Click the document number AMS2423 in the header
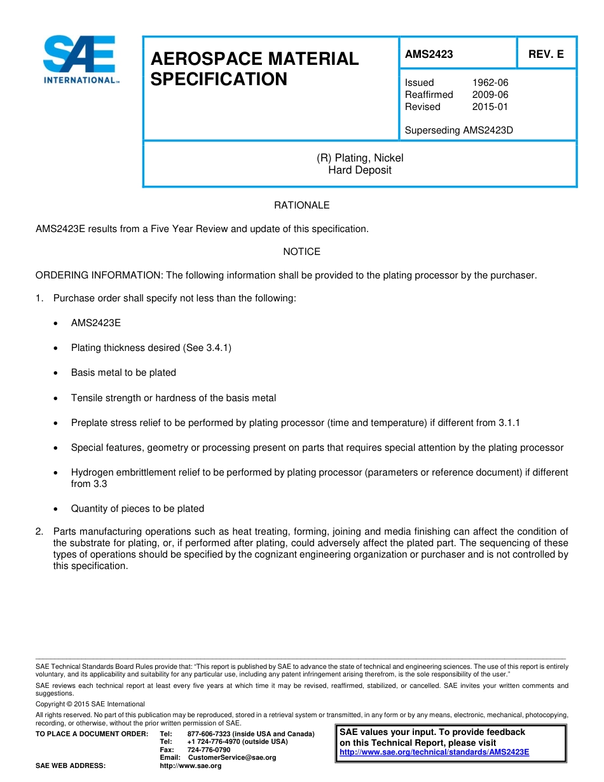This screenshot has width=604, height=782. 429,54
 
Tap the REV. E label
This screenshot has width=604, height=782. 546,54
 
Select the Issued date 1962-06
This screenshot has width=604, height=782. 490,83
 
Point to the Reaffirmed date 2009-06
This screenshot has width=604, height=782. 490,95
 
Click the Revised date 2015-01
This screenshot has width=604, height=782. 490,107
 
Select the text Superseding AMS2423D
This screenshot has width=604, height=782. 458,130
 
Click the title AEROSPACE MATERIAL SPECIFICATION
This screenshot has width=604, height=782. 254,69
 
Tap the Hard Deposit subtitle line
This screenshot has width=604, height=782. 360,170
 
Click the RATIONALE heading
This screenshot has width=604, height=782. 301,205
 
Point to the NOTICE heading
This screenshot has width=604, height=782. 301,252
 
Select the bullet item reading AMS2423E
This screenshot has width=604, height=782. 96,323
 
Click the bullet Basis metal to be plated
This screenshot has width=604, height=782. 123,373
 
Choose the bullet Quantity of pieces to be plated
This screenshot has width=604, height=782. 137,509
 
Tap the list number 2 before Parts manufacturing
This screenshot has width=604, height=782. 39,532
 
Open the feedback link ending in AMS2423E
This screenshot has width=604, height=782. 434,752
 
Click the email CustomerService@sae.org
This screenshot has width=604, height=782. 232,758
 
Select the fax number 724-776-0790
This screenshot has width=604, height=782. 209,750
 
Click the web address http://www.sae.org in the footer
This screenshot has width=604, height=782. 191,766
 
